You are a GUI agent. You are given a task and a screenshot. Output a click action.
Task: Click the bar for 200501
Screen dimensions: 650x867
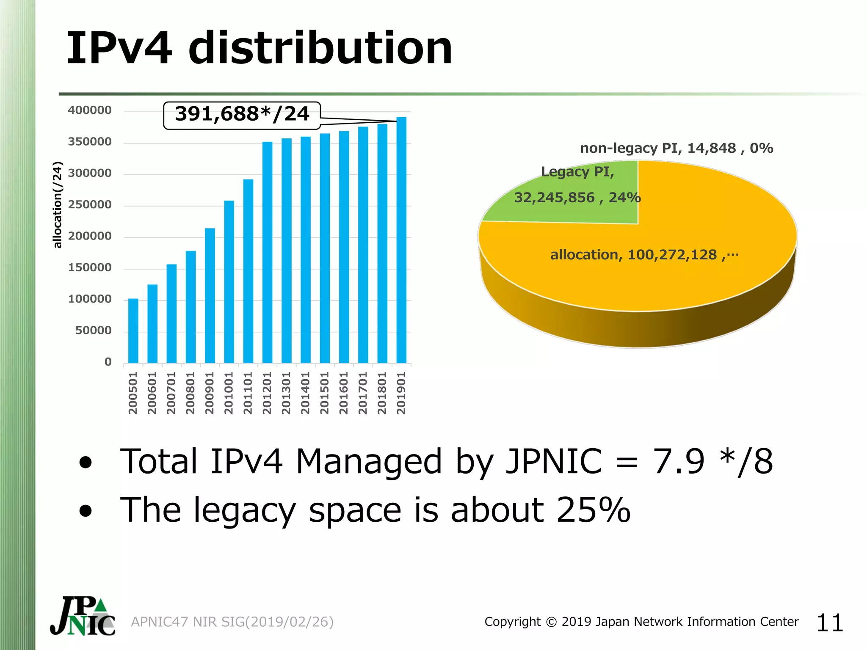[133, 331]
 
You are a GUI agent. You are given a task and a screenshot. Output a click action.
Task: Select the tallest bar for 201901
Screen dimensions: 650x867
[401, 240]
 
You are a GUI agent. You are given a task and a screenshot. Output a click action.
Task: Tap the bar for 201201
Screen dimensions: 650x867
[267, 252]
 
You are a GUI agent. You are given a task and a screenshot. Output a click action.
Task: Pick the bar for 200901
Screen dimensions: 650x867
[210, 295]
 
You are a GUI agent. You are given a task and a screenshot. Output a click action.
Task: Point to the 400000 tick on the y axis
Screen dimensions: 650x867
[90, 110]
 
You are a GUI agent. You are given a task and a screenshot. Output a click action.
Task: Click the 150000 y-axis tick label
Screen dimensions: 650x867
[90, 268]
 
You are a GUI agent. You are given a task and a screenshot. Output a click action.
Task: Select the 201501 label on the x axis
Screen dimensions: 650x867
[324, 393]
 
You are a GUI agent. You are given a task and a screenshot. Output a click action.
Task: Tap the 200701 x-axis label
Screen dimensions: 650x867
[171, 393]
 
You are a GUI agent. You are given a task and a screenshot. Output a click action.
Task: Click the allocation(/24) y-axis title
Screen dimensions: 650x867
[58, 205]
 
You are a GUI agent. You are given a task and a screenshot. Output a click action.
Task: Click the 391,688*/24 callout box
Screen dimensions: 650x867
[242, 115]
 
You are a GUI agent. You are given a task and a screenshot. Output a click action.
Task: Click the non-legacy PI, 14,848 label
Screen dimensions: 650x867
[676, 148]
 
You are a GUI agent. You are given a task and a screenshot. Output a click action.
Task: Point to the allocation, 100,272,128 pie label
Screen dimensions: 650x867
[643, 255]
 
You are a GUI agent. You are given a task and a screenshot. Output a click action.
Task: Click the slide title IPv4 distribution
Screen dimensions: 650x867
[259, 48]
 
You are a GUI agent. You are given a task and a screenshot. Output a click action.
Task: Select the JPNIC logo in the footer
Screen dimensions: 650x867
[83, 616]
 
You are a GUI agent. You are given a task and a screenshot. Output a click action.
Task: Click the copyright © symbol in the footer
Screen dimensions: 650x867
[551, 622]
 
